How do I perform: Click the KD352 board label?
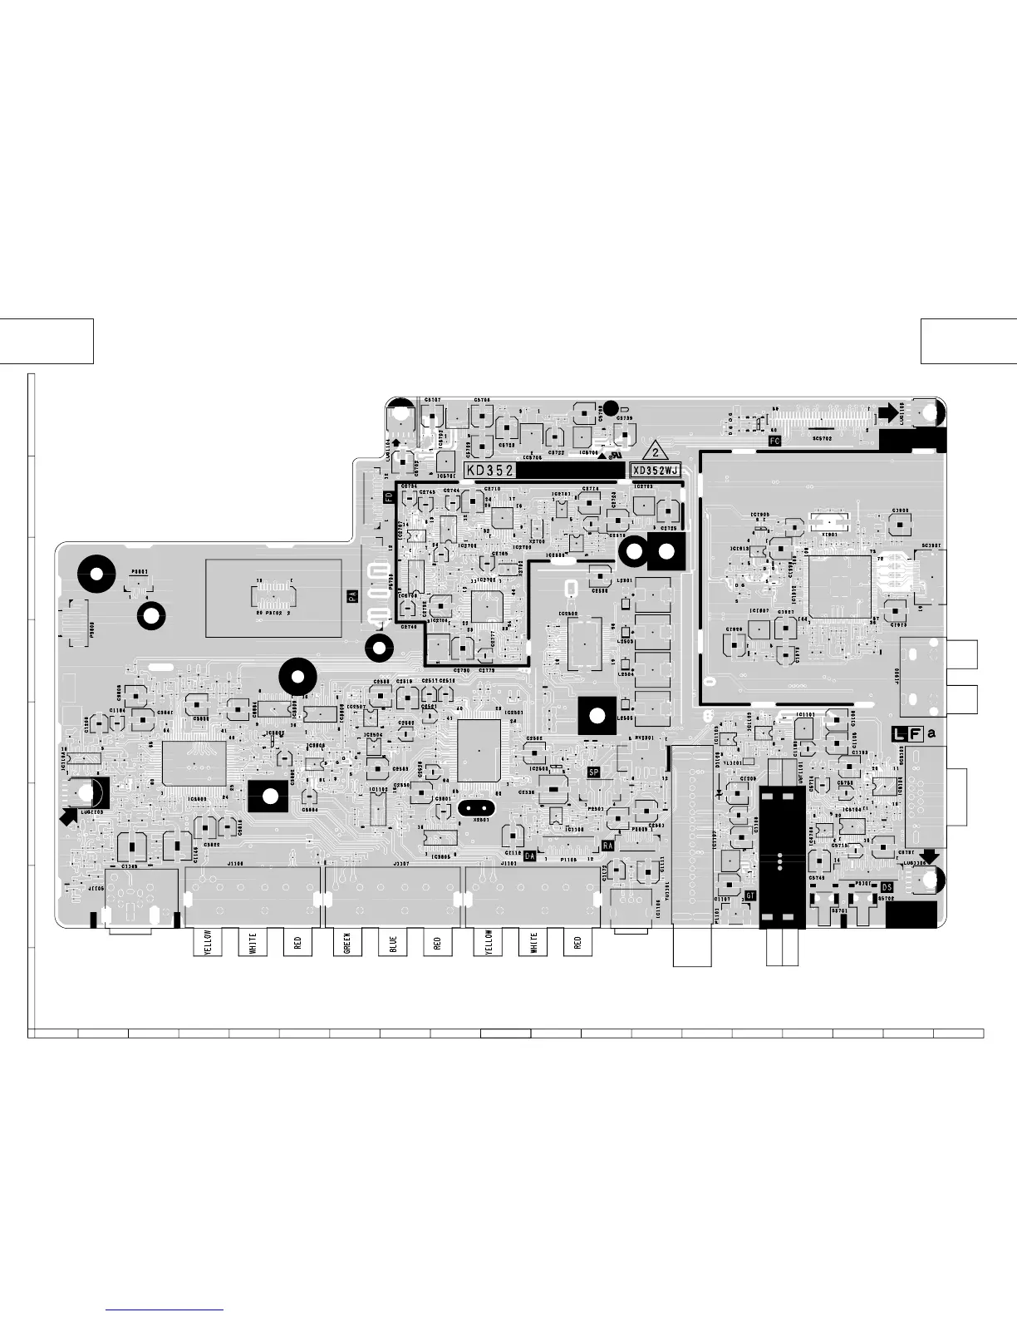(x=489, y=471)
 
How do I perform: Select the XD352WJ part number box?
(x=656, y=471)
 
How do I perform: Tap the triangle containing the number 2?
(x=655, y=452)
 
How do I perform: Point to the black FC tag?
(x=774, y=441)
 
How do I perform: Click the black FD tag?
(x=388, y=498)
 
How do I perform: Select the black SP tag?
(x=594, y=772)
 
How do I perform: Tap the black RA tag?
(x=607, y=845)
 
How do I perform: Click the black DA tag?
(x=530, y=856)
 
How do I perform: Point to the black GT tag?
(x=750, y=895)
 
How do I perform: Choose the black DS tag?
(x=887, y=887)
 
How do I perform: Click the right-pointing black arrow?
(x=887, y=411)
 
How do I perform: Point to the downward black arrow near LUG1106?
(x=928, y=856)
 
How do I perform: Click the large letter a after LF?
(x=931, y=733)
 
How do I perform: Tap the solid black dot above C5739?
(x=610, y=407)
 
